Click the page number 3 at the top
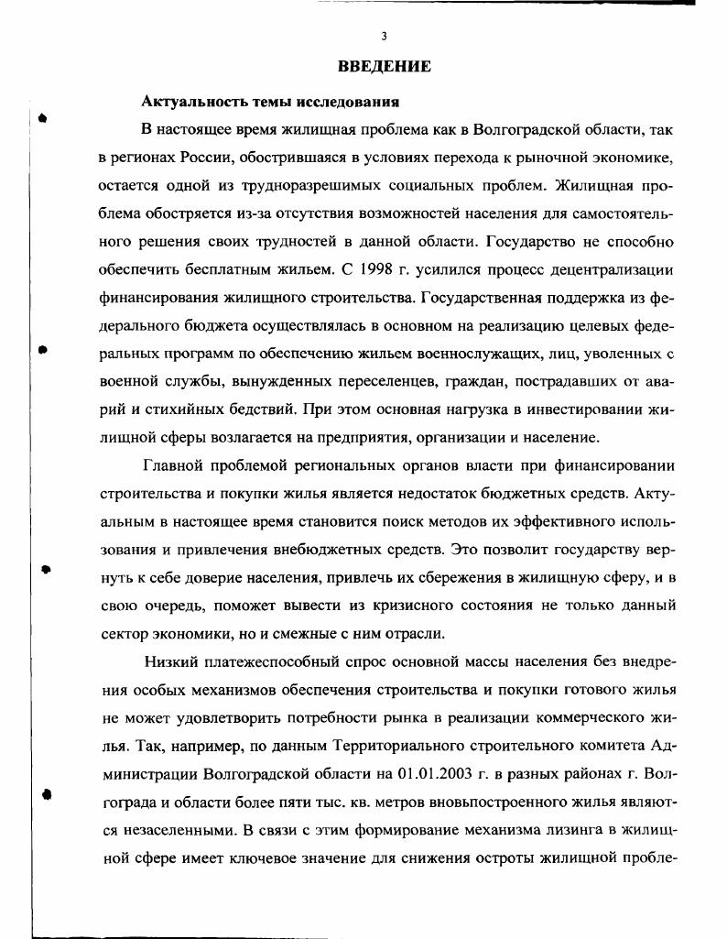pyautogui.click(x=385, y=37)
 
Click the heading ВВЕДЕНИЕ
pyautogui.click(x=385, y=66)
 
